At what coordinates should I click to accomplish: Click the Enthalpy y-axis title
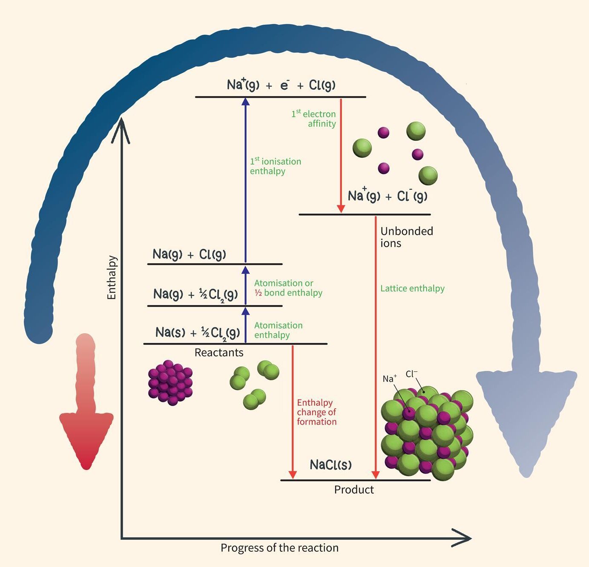112,277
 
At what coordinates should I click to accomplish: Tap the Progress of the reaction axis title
279,548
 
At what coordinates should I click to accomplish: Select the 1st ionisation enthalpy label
275,166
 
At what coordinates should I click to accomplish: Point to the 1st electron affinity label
314,119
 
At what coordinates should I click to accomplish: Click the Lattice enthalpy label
412,288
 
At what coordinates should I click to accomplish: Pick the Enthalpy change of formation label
316,412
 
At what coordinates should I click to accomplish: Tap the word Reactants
219,353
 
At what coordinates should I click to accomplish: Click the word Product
354,490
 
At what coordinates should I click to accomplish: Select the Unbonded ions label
406,237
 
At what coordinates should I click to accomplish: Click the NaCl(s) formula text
331,464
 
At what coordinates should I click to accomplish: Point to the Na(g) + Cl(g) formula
190,254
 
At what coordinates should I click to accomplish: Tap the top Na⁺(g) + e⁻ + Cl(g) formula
281,85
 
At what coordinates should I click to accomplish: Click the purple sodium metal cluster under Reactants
170,382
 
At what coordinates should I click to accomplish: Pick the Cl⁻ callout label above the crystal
411,374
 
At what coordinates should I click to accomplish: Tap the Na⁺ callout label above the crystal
389,379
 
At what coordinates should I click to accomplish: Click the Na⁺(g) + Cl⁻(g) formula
388,196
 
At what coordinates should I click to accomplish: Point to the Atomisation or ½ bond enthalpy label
288,288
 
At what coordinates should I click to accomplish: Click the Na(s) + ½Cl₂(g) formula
198,332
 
